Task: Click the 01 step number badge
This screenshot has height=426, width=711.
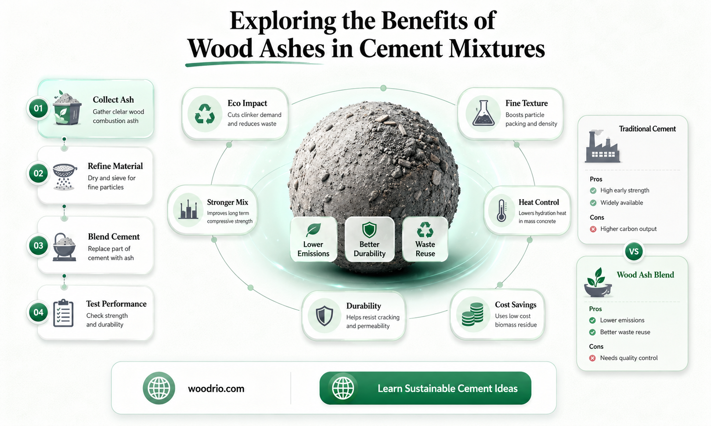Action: [x=38, y=108]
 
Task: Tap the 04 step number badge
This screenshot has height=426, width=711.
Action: [x=38, y=312]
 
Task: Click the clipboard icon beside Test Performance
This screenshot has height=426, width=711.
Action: [x=64, y=313]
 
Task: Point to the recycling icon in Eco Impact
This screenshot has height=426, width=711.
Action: [x=205, y=114]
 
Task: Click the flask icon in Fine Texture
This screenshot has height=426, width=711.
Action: [x=484, y=113]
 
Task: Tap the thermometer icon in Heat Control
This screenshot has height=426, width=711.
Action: [x=502, y=210]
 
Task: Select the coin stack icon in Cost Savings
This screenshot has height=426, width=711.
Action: [x=473, y=315]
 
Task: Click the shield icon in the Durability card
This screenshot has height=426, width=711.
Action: [x=325, y=316]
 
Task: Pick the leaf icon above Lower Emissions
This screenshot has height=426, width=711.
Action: [x=313, y=230]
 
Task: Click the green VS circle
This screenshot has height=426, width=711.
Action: [x=634, y=251]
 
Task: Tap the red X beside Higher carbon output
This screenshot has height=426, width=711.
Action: [x=593, y=229]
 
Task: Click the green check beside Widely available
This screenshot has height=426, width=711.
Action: [x=593, y=203]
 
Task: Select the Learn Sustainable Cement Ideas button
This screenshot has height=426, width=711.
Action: [x=426, y=388]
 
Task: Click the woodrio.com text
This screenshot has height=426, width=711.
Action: [x=216, y=389]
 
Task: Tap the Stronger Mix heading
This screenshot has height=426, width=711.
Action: [x=227, y=202]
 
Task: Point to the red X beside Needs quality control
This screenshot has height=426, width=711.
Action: [x=592, y=358]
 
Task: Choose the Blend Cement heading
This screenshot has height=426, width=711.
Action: [x=114, y=236]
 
